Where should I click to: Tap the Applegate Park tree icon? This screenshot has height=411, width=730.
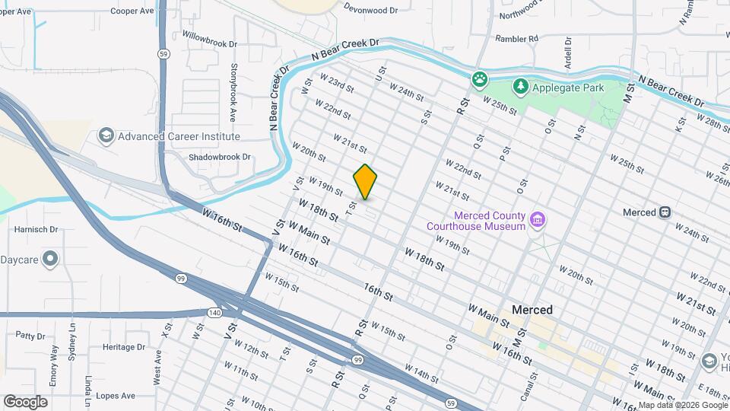coord(520,87)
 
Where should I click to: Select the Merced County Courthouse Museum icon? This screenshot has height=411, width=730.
coord(538,220)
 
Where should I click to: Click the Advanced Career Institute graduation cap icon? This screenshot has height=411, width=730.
coord(106,136)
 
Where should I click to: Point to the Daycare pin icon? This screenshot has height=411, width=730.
coord(51,260)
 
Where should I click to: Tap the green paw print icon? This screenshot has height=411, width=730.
coord(480,78)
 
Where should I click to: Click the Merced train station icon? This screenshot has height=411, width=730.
coord(665,212)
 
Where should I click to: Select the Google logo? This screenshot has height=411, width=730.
coord(25,402)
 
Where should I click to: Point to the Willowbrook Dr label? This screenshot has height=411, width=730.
coord(210,40)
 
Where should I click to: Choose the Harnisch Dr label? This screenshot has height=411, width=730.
coord(36,228)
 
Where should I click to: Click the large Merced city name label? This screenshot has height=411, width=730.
coord(532,311)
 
